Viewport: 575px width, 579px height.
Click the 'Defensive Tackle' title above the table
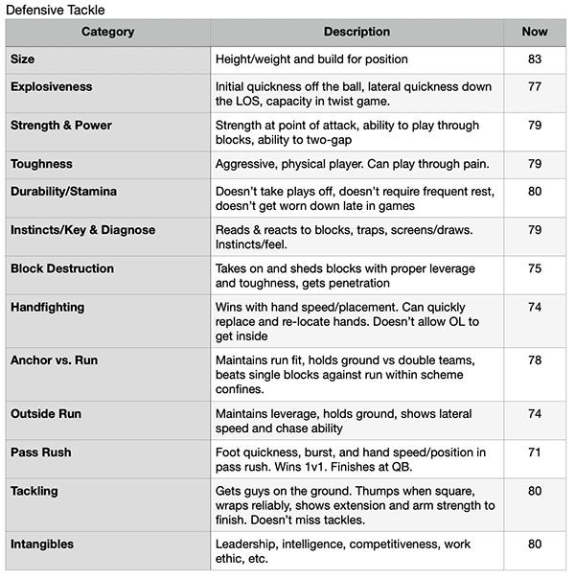(55, 10)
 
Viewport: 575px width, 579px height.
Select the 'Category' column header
(107, 33)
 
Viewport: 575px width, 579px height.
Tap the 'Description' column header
(356, 33)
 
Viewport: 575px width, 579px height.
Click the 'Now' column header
(535, 33)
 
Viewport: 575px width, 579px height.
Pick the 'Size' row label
(23, 59)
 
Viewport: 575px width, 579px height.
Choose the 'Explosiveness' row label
(52, 87)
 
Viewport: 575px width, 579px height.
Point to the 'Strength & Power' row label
(61, 126)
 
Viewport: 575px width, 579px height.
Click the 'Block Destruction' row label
(62, 269)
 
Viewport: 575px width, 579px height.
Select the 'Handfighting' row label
(48, 308)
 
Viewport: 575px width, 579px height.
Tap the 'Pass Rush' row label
(41, 452)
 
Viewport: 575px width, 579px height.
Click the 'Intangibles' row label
(42, 544)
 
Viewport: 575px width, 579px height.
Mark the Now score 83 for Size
(535, 59)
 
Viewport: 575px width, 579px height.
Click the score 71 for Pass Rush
(535, 452)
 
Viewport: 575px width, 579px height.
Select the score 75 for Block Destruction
(535, 269)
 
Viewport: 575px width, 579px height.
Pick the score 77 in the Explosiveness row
(535, 87)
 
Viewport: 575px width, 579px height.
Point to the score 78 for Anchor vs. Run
(535, 360)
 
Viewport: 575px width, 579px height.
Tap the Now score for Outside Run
(535, 414)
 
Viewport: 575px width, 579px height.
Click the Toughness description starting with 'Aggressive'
(352, 164)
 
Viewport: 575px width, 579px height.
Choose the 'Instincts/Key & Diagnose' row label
(82, 230)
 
